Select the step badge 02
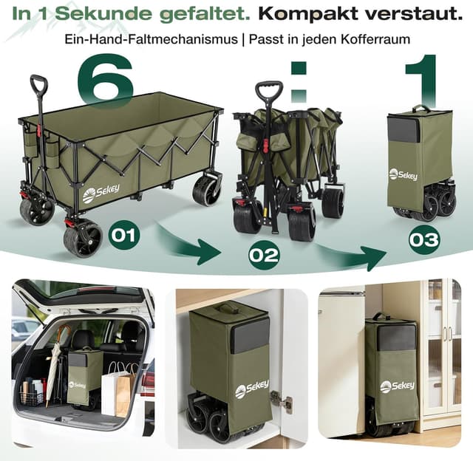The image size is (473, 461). pos(263,256)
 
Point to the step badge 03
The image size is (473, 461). pos(424,239)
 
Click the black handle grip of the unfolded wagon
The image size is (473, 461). pos(39,84)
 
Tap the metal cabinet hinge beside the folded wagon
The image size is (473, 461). pos(281,400)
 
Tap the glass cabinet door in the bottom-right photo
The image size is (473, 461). pos(449,347)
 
